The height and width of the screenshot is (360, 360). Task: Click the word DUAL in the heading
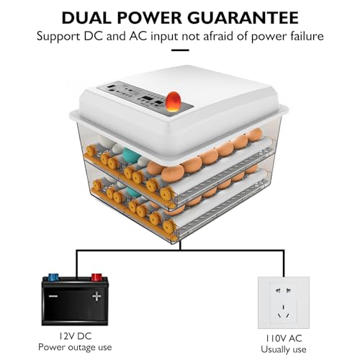84,17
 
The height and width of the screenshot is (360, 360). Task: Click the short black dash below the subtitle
180,50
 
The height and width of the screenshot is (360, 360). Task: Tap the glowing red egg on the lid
173,101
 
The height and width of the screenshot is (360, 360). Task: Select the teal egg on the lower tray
132,192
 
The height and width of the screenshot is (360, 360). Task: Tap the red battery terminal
96,277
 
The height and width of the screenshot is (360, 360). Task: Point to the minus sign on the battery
53,296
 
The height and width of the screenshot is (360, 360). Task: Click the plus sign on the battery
96,296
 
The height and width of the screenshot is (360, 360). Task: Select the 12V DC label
75,336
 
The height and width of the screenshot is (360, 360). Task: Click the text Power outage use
75,347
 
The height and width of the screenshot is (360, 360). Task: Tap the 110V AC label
284,338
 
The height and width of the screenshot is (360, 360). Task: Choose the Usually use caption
284,349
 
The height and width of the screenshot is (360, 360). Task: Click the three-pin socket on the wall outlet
284,312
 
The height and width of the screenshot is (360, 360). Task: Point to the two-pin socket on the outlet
284,291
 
